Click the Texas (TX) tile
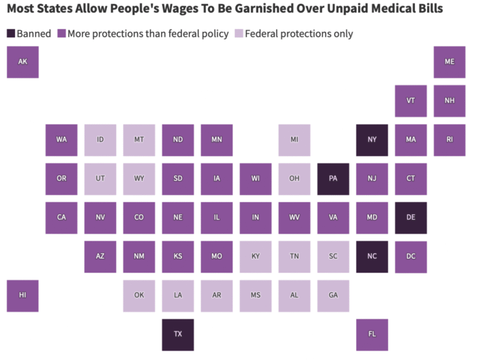(x=178, y=334)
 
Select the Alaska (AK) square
(x=22, y=62)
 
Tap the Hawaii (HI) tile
(x=22, y=296)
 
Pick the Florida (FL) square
(x=372, y=334)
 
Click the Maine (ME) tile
(x=449, y=62)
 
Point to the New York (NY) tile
(x=372, y=139)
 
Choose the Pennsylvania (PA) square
(x=333, y=179)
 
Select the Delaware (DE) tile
(x=411, y=217)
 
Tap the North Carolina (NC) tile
(x=372, y=256)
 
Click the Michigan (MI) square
(x=294, y=139)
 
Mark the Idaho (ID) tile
(x=101, y=139)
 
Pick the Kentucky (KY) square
(x=256, y=256)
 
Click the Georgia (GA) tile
(x=333, y=296)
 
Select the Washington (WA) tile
(x=61, y=139)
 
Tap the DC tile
(x=411, y=256)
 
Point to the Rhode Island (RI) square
(x=449, y=139)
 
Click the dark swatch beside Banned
(x=11, y=34)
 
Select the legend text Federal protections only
(x=298, y=34)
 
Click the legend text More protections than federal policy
(x=147, y=34)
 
